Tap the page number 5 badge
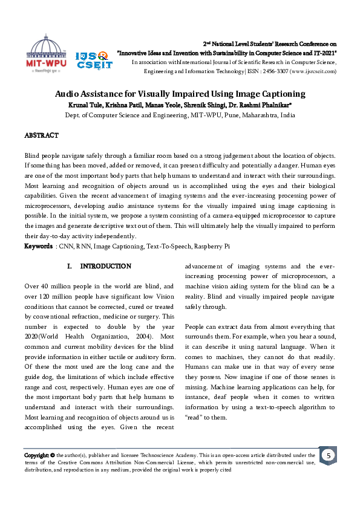click(x=327, y=455)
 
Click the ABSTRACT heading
click(x=41, y=135)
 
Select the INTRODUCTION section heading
click(x=105, y=267)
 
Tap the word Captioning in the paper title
click(x=280, y=94)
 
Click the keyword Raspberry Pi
click(x=221, y=246)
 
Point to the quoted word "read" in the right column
click(x=194, y=418)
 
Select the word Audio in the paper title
click(x=68, y=94)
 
